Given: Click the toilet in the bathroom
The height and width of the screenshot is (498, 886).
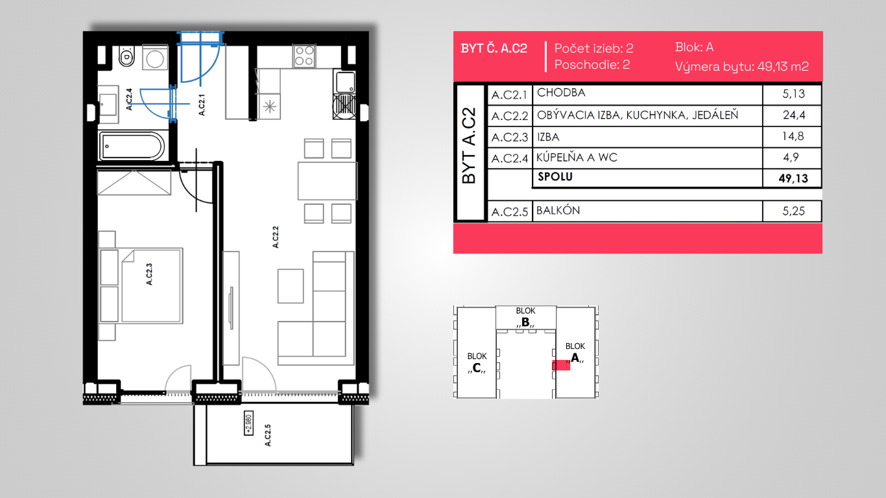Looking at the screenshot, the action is point(126,56).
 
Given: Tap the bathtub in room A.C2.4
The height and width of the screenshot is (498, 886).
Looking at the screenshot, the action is point(132,146).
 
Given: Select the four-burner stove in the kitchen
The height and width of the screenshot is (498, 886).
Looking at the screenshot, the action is point(304,56).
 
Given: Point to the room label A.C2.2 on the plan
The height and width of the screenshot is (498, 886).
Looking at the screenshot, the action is point(276,237).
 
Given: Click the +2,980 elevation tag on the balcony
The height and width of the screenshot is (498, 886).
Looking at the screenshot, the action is point(248,423).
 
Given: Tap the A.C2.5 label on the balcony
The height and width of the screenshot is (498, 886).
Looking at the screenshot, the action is point(268,435).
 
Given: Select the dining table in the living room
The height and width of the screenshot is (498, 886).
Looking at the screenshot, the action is point(328,181).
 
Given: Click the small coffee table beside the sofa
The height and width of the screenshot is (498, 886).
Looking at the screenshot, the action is point(291,286).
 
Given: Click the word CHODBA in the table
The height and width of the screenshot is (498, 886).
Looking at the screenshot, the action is point(561,93).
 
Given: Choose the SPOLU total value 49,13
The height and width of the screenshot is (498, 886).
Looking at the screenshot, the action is point(793,178).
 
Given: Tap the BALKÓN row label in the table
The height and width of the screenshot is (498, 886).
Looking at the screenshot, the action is point(558,210).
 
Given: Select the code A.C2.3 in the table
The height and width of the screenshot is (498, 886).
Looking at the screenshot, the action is point(509,137).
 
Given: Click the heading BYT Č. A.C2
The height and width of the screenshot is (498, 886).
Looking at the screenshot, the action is point(494,48).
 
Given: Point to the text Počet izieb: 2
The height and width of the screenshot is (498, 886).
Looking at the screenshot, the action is point(593,48).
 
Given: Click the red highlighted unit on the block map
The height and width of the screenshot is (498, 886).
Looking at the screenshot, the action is point(561,365).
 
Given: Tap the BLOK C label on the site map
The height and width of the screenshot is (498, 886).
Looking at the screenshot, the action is point(477,362).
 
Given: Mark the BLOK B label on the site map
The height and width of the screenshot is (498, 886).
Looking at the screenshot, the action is point(525,317).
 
